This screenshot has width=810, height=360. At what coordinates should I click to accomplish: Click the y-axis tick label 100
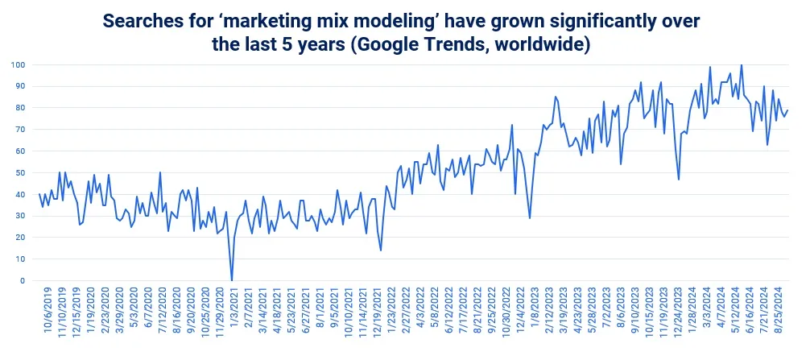17,64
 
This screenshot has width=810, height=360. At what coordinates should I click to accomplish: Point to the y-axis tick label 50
19,172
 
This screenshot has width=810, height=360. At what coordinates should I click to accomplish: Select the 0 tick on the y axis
22,281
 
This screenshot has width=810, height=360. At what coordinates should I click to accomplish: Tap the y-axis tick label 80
19,108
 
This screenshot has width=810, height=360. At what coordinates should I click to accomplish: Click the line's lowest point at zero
232,280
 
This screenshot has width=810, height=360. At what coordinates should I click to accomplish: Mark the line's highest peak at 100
741,65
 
